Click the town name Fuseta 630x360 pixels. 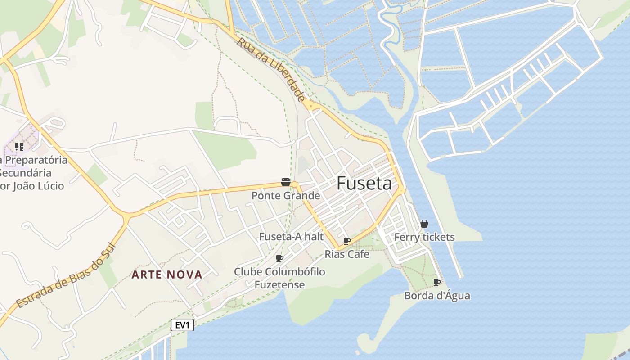click(x=364, y=183)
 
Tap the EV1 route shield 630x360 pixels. click(x=182, y=325)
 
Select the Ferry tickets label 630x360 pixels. click(x=424, y=237)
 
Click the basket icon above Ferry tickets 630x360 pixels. click(x=424, y=224)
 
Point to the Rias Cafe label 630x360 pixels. click(x=347, y=254)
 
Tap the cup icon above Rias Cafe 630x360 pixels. click(x=346, y=241)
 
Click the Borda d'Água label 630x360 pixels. click(x=437, y=296)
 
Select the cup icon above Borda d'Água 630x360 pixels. click(x=436, y=282)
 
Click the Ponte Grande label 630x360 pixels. click(x=286, y=196)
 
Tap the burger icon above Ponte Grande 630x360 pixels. click(x=286, y=182)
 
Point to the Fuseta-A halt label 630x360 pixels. click(x=291, y=237)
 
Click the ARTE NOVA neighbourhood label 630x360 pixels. click(x=167, y=274)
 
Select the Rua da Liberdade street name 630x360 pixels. click(x=271, y=70)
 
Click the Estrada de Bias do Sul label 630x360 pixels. click(x=65, y=276)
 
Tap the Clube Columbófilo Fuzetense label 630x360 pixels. click(x=279, y=278)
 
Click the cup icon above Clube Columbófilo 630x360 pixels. click(x=279, y=258)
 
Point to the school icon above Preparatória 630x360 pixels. click(x=19, y=147)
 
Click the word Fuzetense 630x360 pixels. click(x=279, y=285)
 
